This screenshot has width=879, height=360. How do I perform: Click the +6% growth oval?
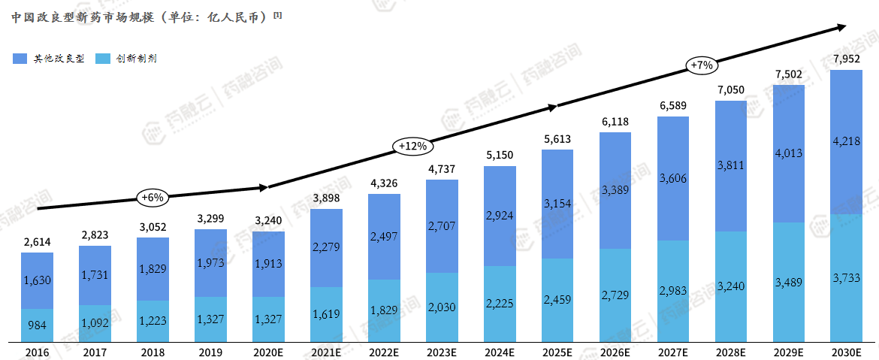pos(152,198)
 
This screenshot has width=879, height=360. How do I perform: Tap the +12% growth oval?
pos(412,146)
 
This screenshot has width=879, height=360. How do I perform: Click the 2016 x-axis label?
pos(37,351)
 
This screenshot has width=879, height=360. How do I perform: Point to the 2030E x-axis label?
pos(846,351)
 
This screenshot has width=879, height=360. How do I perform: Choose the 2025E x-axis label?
pos(557,351)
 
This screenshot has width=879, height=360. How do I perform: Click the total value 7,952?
pos(846,59)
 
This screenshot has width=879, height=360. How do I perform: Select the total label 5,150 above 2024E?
pos(500,155)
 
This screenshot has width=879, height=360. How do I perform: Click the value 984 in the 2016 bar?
pos(37,325)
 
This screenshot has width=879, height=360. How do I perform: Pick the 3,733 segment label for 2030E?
pos(846,277)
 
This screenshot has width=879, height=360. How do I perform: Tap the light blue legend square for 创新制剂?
pos(102,59)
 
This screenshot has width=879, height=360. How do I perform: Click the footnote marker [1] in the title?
pos(278,14)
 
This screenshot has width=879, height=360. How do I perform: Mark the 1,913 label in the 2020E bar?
pos(268,263)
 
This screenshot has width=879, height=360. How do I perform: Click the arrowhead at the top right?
pos(842,28)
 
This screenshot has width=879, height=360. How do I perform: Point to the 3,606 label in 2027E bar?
pos(672,178)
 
